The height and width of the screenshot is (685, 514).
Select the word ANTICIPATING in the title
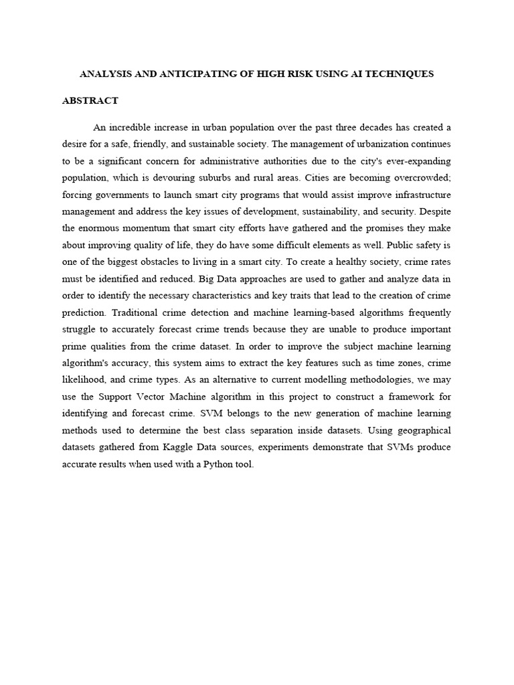(x=194, y=74)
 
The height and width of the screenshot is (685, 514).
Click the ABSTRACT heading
(x=90, y=101)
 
